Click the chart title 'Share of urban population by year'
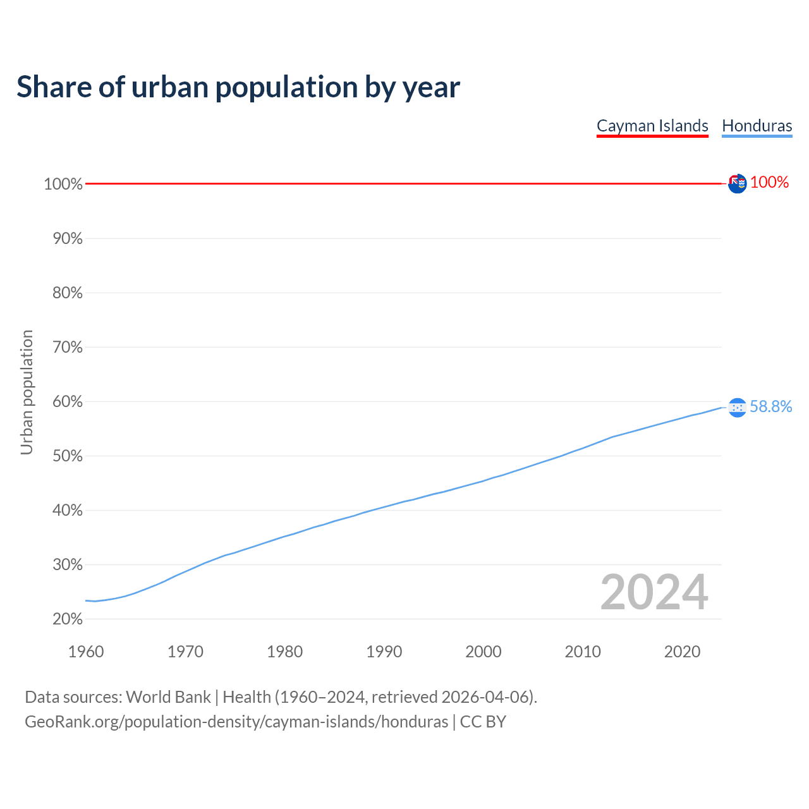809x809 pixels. point(238,87)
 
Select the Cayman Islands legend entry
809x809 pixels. point(652,126)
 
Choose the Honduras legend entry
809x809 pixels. point(757,126)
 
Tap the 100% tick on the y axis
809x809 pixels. point(63,184)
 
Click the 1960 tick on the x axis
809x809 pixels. point(86,652)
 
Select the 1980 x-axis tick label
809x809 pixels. point(285,652)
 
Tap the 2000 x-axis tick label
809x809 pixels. point(484,652)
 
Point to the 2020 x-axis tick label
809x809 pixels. point(682,652)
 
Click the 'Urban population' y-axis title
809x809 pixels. point(27,392)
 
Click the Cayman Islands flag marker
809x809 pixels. point(737,183)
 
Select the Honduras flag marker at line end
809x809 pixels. point(737,408)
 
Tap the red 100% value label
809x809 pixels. point(769,182)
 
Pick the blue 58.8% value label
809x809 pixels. point(770,406)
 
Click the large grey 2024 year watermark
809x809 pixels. point(654,592)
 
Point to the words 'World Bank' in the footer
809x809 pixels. point(168,696)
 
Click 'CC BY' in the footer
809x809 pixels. point(483,722)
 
